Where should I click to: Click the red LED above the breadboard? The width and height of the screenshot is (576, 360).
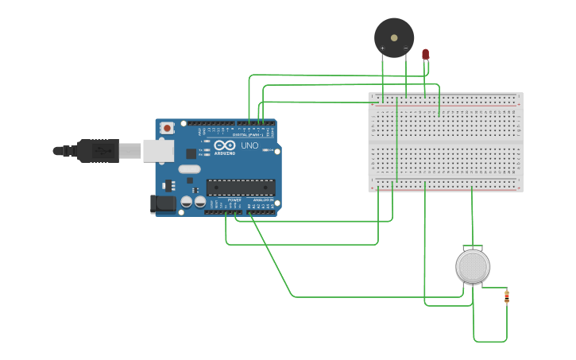tap(425, 54)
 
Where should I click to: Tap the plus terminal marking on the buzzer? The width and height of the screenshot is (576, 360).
tap(382, 48)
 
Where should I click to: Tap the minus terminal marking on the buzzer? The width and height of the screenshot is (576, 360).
tap(405, 48)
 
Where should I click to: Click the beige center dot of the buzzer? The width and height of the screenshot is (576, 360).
tap(394, 37)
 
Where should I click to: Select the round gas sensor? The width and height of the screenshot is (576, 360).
tap(472, 266)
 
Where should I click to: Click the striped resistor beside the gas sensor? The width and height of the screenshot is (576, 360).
tap(507, 296)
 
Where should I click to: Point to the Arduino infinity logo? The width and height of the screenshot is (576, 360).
tap(224, 145)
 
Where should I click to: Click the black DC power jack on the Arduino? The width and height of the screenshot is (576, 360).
tap(163, 203)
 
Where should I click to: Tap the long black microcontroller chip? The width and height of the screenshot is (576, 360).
tap(241, 188)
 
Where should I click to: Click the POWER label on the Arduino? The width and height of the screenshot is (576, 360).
tap(234, 199)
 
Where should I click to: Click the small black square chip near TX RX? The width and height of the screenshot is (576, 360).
tap(191, 153)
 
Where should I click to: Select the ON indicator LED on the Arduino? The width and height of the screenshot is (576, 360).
tap(270, 149)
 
